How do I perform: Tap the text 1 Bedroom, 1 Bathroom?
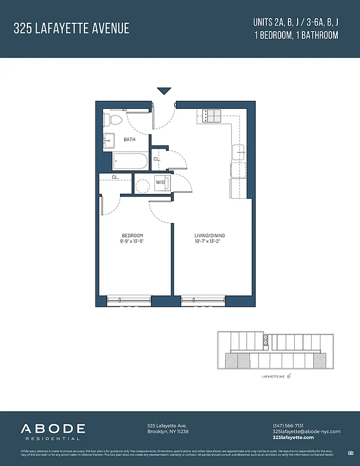[x=296, y=35]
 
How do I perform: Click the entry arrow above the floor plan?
[x=164, y=91]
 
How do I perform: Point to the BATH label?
[x=130, y=140]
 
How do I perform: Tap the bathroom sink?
[x=110, y=140]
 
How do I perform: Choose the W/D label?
[x=160, y=182]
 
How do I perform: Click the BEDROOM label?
[x=132, y=235]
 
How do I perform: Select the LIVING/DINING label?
[x=210, y=235]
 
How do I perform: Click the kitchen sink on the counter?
[x=239, y=153]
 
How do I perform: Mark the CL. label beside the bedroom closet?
[x=115, y=177]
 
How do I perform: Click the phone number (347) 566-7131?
[x=289, y=425]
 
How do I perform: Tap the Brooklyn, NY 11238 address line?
[x=168, y=431]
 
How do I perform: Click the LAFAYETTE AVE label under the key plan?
[x=274, y=377]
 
